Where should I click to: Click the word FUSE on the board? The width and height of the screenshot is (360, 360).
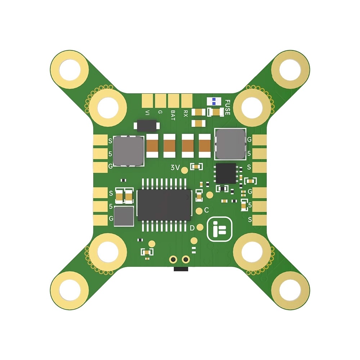click(227, 107)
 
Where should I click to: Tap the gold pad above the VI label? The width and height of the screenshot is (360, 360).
click(147, 100)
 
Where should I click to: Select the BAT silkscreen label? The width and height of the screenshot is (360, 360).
click(173, 115)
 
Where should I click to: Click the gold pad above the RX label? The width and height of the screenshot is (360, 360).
click(187, 100)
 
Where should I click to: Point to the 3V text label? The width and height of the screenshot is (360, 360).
click(175, 168)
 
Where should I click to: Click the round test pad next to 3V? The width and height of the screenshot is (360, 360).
click(185, 170)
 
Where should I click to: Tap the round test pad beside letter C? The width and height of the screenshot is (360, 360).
click(199, 211)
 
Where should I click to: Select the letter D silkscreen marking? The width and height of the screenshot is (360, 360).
click(192, 228)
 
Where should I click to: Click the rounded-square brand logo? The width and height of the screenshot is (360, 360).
click(220, 229)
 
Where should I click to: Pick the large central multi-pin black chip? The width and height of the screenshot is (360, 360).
click(165, 205)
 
